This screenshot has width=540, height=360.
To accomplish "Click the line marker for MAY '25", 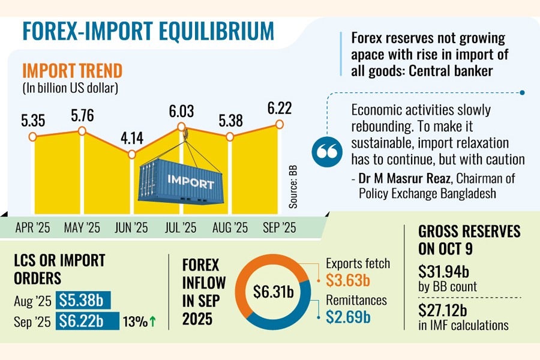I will (x=82, y=131).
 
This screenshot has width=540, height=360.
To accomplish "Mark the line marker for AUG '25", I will (x=230, y=137).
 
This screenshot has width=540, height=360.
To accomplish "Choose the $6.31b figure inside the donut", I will (x=273, y=292).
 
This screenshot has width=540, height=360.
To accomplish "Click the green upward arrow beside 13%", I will (x=152, y=322).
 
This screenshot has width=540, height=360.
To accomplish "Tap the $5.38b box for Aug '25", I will (x=83, y=300).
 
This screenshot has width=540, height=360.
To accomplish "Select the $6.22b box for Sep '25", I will (x=83, y=322).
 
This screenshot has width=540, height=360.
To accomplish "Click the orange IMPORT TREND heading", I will (x=72, y=71).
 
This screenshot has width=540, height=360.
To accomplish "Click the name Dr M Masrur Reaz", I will (x=399, y=178).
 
